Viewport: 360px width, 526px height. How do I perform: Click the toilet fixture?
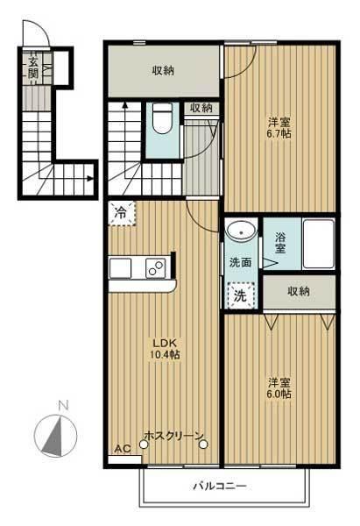pyautogui.click(x=162, y=118)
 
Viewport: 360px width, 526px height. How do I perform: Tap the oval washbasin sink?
pyautogui.click(x=241, y=231)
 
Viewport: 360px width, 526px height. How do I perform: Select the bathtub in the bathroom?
pyautogui.click(x=319, y=244)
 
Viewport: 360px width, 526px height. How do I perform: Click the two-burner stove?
pyautogui.click(x=156, y=268)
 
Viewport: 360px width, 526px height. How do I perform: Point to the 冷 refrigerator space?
pyautogui.click(x=122, y=213)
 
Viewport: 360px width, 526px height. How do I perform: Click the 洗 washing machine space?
pyautogui.click(x=240, y=295)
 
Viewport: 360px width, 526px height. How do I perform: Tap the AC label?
pyautogui.click(x=123, y=449)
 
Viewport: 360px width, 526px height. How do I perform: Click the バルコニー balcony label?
pyautogui.click(x=220, y=486)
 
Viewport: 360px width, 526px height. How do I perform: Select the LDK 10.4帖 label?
pyautogui.click(x=165, y=349)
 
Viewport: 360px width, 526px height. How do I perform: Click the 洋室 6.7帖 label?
pyautogui.click(x=279, y=128)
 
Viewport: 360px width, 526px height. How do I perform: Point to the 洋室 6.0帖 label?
pyautogui.click(x=279, y=388)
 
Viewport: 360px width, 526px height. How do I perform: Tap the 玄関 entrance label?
pyautogui.click(x=33, y=68)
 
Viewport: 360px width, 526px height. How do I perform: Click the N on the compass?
pyautogui.click(x=63, y=405)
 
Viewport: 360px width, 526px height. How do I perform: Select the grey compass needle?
pyautogui.click(x=53, y=436)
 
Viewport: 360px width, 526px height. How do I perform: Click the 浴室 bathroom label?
pyautogui.click(x=280, y=243)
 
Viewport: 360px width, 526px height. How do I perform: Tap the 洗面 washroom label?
pyautogui.click(x=240, y=262)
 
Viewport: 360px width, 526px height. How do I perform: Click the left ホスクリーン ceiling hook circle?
pyautogui.click(x=144, y=444)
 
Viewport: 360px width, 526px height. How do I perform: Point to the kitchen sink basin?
pyautogui.click(x=120, y=268)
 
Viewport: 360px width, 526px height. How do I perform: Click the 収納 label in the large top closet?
pyautogui.click(x=163, y=70)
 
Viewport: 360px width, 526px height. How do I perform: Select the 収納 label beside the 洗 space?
pyautogui.click(x=299, y=291)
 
